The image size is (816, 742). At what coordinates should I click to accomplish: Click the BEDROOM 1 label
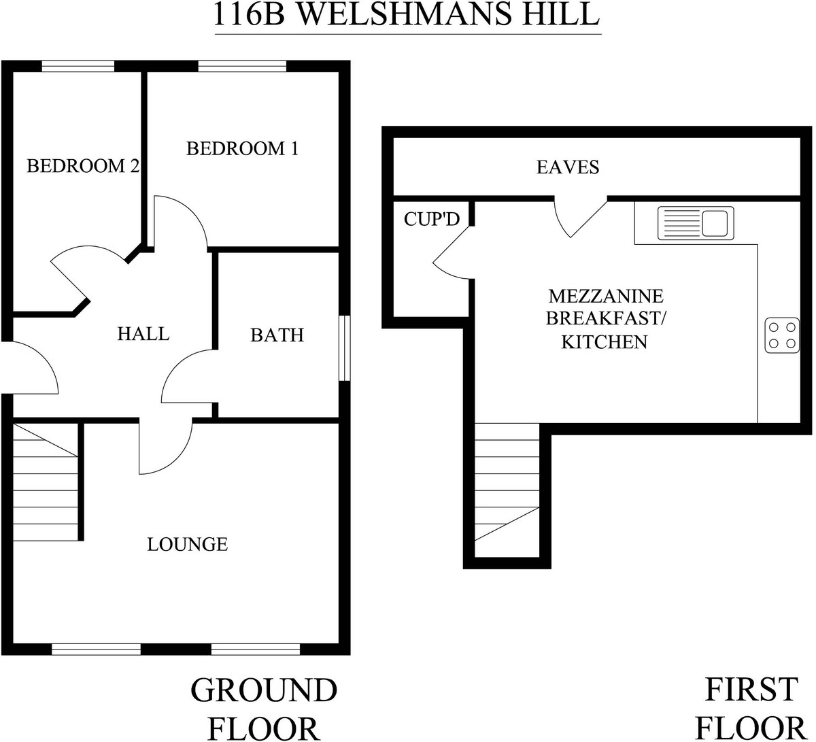coord(243,148)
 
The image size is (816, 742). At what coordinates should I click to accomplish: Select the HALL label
coord(143,334)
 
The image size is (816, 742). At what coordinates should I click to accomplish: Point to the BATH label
coord(277,335)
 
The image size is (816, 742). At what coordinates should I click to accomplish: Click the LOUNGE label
coord(187,544)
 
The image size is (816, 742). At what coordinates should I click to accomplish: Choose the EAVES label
coord(568,167)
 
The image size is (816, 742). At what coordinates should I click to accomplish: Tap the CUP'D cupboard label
coord(432,219)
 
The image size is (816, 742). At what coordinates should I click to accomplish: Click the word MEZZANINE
coord(605,297)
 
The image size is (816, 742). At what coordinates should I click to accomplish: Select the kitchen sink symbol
coord(694,222)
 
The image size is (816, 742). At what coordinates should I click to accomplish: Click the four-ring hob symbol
coord(782,335)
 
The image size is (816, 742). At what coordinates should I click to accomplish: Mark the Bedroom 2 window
coord(78,66)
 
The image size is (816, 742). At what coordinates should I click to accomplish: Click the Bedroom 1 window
coord(242,66)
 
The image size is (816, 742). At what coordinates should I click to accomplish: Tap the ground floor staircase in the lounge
coord(45,481)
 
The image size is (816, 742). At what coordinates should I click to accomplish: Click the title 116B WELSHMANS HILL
coord(407,15)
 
